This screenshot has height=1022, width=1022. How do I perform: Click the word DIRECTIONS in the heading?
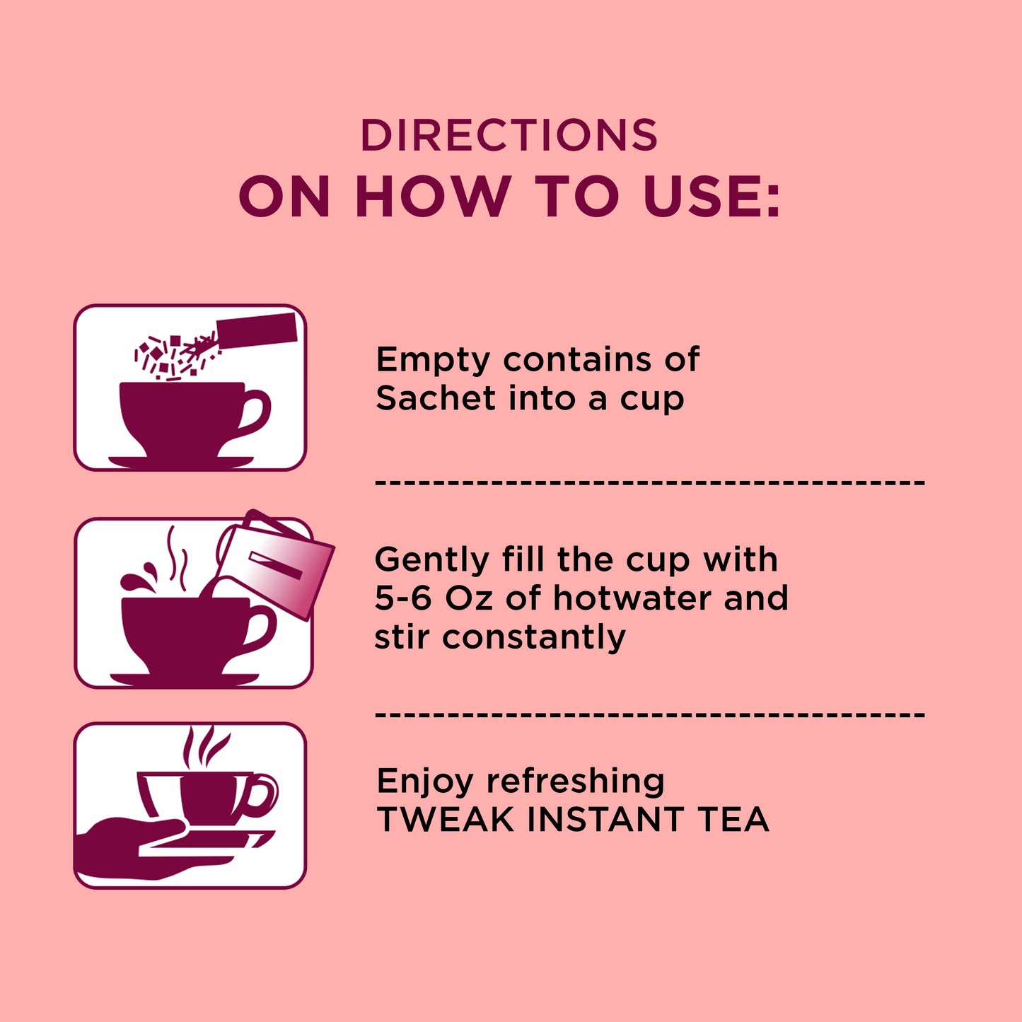click(x=509, y=135)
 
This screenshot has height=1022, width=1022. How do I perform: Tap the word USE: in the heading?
click(x=712, y=196)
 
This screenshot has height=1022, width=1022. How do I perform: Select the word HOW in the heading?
click(x=434, y=196)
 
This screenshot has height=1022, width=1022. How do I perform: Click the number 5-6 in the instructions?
click(x=404, y=598)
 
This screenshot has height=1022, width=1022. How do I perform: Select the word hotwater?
click(x=624, y=598)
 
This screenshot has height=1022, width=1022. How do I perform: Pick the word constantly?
click(x=534, y=638)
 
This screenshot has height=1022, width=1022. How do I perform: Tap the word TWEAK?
click(x=446, y=820)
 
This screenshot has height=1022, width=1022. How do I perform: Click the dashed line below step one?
click(x=650, y=482)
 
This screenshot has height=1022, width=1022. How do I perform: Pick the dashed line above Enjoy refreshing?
click(x=650, y=714)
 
